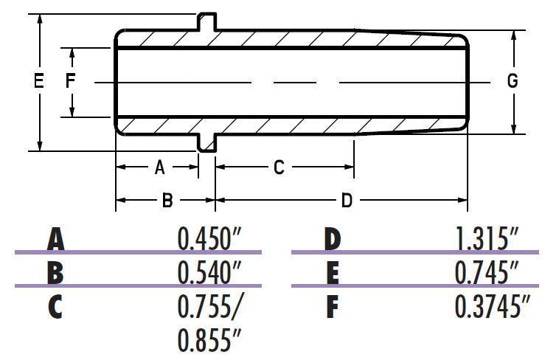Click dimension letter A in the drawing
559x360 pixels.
pyautogui.click(x=159, y=167)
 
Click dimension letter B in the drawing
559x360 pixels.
pyautogui.click(x=167, y=200)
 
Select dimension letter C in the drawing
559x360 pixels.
pyautogui.click(x=279, y=167)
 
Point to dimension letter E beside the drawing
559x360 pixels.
pyautogui.click(x=39, y=80)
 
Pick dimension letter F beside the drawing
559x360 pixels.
pyautogui.click(x=71, y=80)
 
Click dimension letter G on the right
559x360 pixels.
pyautogui.click(x=513, y=81)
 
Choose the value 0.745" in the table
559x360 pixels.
pyautogui.click(x=487, y=272)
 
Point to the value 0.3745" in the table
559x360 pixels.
pyautogui.click(x=492, y=306)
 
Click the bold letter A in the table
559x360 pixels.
pyautogui.click(x=55, y=240)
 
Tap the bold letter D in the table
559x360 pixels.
pyautogui.click(x=333, y=240)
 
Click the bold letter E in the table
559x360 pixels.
pyautogui.click(x=333, y=273)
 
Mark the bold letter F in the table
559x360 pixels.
pyautogui.click(x=333, y=307)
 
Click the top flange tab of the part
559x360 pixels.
pyautogui.click(x=207, y=20)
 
